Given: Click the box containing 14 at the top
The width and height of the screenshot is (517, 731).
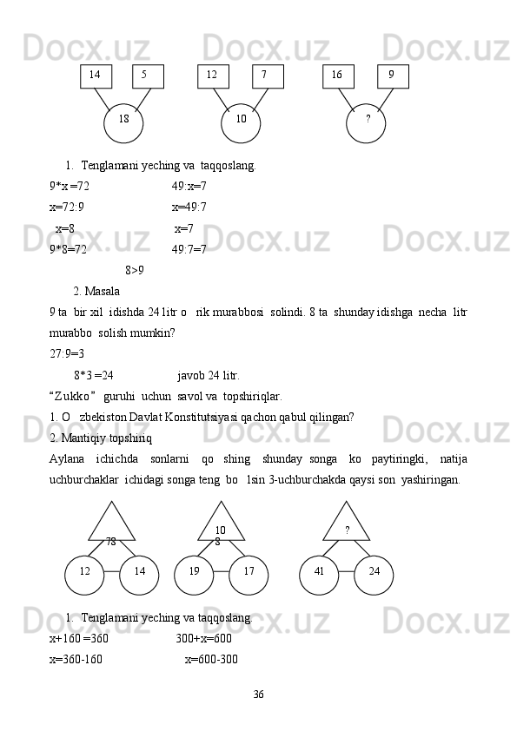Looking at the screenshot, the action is [96, 76].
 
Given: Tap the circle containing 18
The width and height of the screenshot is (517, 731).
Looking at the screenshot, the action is [123, 121].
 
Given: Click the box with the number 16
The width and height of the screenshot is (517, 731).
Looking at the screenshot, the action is [337, 76].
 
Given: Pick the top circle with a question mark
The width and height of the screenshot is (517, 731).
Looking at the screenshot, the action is [367, 121].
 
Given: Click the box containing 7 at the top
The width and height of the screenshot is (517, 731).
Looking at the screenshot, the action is [267, 76].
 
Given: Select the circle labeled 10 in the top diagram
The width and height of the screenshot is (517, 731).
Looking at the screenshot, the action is [241, 121].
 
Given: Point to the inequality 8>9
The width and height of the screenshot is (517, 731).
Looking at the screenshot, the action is [136, 270].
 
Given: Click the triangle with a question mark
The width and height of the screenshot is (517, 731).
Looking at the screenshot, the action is [347, 523].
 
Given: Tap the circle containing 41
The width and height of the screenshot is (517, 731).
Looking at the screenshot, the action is [319, 572].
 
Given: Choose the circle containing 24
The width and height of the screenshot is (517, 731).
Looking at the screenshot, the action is [374, 572].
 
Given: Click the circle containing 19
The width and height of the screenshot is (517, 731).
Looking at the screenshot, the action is [195, 572].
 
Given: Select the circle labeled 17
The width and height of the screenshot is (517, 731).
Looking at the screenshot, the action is [249, 572].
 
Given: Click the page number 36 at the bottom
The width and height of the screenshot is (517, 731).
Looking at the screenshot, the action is [258, 695].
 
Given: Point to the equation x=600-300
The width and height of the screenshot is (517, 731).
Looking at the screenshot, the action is [211, 659].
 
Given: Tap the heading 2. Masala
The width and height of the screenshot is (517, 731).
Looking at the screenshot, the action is [96, 291].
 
